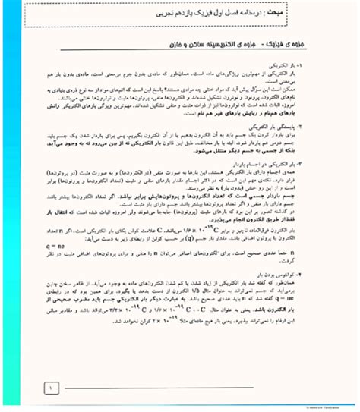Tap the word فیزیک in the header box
[228, 15]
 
